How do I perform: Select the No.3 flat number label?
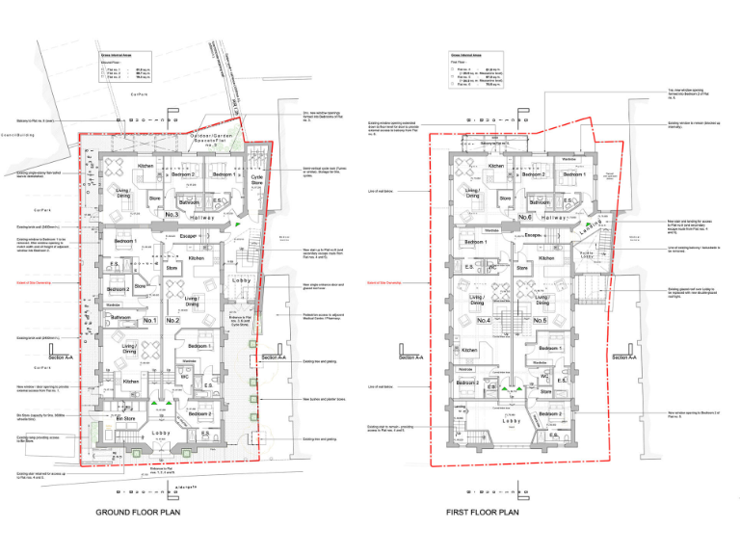point(172,215)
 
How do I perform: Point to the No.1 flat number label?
point(150,320)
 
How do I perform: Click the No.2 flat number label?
point(172,320)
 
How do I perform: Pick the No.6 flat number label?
point(526,218)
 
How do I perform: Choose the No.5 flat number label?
point(540,320)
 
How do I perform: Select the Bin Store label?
point(126,419)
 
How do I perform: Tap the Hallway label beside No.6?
point(559,218)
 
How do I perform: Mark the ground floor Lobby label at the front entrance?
point(160,433)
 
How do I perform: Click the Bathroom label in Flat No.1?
point(120,317)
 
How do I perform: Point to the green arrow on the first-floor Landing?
point(582,225)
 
